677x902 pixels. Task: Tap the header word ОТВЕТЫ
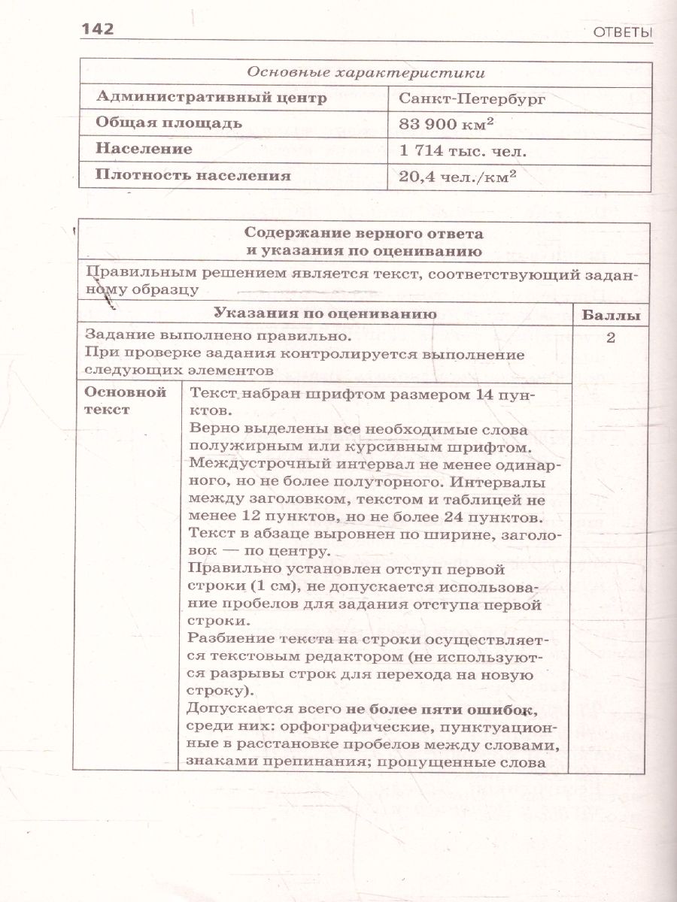[x=621, y=33]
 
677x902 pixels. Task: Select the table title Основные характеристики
[x=366, y=73]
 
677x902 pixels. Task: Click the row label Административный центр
[x=202, y=98]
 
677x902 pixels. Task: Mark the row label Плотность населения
[x=193, y=176]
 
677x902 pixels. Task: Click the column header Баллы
[x=612, y=315]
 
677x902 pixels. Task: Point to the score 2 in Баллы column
[x=611, y=337]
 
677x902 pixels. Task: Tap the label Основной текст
[x=125, y=401]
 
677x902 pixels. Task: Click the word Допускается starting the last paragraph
[x=232, y=710]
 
